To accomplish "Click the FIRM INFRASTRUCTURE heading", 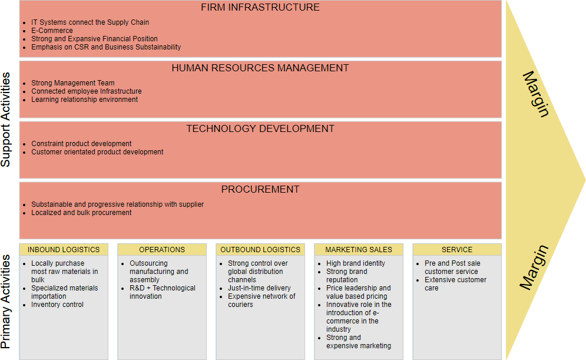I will [260, 8].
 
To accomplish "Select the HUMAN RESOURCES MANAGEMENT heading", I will [260, 68].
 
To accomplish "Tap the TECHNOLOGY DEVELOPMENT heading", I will [260, 129].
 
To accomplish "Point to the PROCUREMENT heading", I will [260, 190].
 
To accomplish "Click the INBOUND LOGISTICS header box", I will [64, 250].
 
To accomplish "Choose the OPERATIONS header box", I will [162, 250].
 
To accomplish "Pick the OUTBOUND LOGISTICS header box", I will [260, 250].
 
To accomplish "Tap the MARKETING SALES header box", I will [359, 250].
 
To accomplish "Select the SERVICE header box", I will [457, 250].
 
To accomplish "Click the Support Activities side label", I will [6, 120].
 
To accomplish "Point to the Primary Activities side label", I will [6, 301].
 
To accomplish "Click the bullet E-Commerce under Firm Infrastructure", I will [52, 31].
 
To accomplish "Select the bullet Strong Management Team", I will [72, 83].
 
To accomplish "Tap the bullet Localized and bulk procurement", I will [81, 213].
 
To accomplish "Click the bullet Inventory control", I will [57, 305].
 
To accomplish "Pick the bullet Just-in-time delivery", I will [259, 288].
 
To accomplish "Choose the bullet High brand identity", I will [355, 263].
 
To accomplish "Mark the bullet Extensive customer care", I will [455, 284].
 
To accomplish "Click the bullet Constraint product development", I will [81, 144].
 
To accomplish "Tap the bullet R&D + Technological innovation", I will [162, 292].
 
